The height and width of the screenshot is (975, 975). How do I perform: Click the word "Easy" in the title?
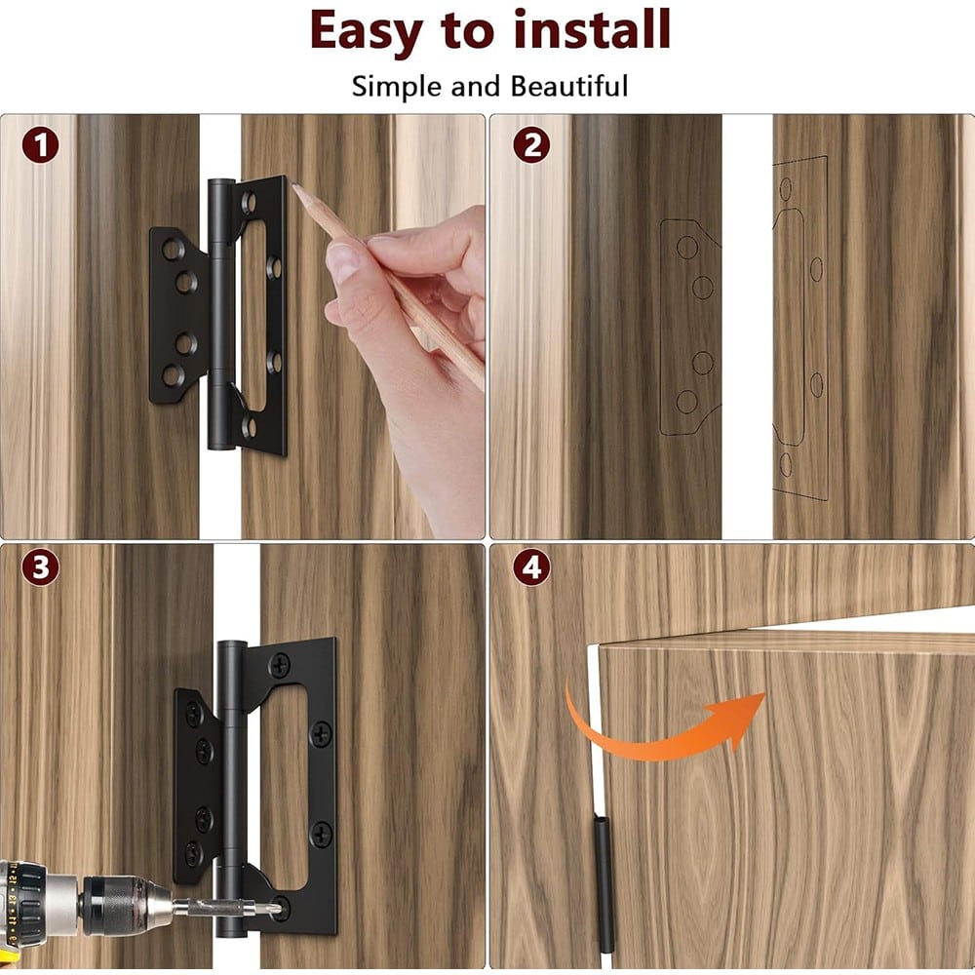[x=367, y=31]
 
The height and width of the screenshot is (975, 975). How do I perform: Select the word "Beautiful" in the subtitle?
[x=569, y=86]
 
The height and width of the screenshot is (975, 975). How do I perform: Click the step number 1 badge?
[x=40, y=145]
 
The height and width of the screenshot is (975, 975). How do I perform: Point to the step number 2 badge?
[x=531, y=145]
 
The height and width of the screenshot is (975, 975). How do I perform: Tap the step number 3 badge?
[x=40, y=567]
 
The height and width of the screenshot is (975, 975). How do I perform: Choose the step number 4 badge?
[x=531, y=567]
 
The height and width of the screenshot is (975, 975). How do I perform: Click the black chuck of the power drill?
[x=118, y=905]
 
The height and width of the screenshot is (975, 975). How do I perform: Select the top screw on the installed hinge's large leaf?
[x=279, y=666]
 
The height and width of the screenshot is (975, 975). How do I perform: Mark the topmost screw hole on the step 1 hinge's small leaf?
[x=173, y=249]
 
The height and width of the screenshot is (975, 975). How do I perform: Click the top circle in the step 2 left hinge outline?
[x=687, y=247]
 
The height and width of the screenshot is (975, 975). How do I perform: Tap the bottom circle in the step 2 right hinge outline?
[x=786, y=464]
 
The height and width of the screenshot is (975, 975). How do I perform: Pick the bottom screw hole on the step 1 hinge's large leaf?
[x=249, y=427]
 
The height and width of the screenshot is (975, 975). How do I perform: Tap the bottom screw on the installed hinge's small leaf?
[x=193, y=854]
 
